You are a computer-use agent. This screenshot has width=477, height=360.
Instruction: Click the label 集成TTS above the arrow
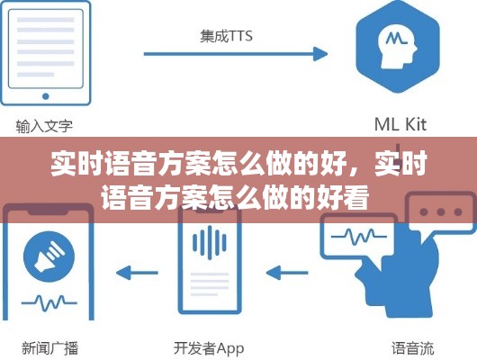click(226, 36)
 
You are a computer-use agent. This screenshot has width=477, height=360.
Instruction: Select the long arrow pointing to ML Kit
click(236, 54)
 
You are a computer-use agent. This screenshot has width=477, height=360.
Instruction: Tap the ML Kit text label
click(400, 124)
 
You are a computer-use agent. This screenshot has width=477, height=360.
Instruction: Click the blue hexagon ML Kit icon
click(398, 46)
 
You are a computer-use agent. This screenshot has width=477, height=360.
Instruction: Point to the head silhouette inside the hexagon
click(397, 46)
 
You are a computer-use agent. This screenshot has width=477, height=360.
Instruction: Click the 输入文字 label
click(44, 126)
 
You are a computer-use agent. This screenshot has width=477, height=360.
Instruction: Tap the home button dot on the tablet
click(46, 96)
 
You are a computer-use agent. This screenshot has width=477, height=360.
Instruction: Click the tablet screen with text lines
click(46, 49)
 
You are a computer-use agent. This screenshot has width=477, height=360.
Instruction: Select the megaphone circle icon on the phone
click(49, 256)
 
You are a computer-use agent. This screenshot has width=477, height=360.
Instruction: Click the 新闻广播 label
click(50, 348)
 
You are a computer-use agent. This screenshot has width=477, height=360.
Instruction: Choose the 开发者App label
click(209, 348)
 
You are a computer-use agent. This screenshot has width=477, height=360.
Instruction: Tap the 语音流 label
click(412, 348)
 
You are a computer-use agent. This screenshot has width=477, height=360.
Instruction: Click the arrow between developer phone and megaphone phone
click(137, 273)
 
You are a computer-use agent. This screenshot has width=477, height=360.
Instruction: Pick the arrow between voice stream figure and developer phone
click(287, 273)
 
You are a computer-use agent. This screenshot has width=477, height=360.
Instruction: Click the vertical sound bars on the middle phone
click(210, 242)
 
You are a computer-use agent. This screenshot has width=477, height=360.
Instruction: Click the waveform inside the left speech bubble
click(359, 236)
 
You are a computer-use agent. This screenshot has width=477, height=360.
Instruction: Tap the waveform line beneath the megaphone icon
click(49, 302)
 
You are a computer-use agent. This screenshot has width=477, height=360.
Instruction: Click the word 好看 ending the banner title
click(343, 198)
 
